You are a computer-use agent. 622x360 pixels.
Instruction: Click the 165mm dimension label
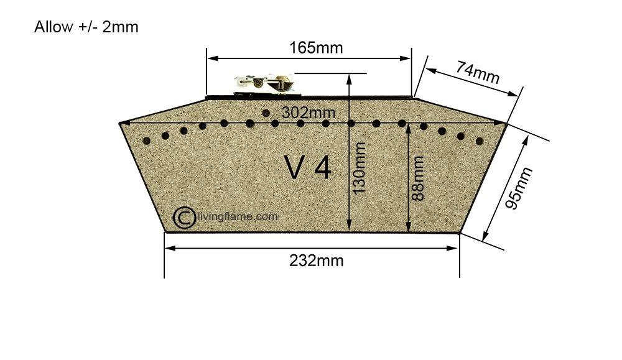click(316, 48)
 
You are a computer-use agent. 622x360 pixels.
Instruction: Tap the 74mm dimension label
click(477, 72)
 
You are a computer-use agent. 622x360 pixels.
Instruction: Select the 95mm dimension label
click(519, 188)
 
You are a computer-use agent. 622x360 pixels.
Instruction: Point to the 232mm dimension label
click(316, 261)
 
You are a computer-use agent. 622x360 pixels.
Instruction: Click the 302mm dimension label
click(309, 113)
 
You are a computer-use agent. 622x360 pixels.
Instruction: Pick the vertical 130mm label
click(359, 168)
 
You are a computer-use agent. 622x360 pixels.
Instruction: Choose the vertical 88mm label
click(418, 178)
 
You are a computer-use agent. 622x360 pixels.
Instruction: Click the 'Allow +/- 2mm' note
click(86, 27)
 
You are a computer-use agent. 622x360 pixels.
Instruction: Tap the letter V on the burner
click(294, 168)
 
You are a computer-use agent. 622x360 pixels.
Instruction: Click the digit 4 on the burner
click(323, 168)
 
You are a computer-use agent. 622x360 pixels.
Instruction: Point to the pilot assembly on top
click(264, 85)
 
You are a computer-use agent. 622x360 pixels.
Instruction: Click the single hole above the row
click(266, 113)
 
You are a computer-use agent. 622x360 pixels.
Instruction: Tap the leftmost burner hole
click(146, 141)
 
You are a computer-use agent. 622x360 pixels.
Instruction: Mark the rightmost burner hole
click(480, 141)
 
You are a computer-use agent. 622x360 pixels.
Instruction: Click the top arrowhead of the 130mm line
click(349, 78)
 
